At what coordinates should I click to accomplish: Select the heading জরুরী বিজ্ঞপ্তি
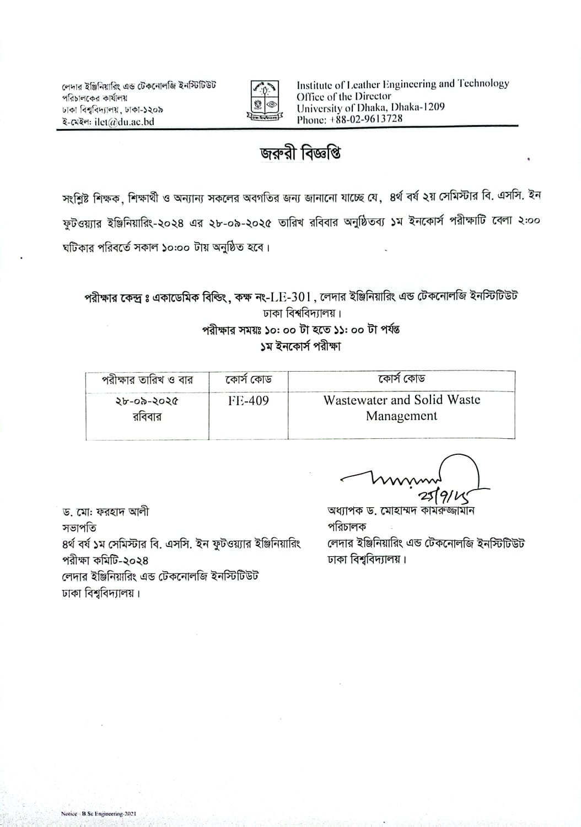pyautogui.click(x=300, y=154)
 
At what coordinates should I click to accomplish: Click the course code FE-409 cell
pyautogui.click(x=249, y=401)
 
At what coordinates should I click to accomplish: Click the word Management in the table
pyautogui.click(x=401, y=416)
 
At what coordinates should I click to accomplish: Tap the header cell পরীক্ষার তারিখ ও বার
pyautogui.click(x=147, y=380)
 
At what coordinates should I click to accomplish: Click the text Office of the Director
pyautogui.click(x=343, y=96)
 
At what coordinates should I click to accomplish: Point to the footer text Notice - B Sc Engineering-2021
pyautogui.click(x=99, y=814)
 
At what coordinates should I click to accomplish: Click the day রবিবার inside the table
pyautogui.click(x=147, y=417)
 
